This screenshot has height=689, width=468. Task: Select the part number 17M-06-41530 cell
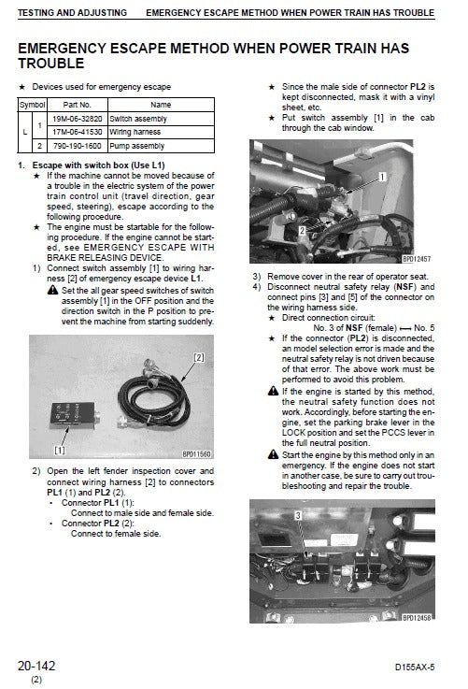[x=77, y=134]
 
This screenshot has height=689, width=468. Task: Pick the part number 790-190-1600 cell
[x=77, y=147]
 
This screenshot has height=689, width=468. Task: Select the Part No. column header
[x=77, y=106]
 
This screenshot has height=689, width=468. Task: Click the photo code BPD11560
[x=197, y=454]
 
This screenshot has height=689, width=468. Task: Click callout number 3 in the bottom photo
[x=297, y=515]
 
